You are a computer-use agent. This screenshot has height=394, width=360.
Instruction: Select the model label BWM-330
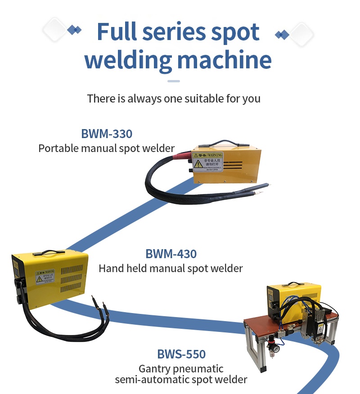[x=107, y=134]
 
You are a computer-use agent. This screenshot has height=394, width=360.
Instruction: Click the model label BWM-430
[x=171, y=254]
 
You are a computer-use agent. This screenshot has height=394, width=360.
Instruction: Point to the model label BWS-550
[x=181, y=354]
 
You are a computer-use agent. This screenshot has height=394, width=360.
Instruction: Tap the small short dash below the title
[x=174, y=81]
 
